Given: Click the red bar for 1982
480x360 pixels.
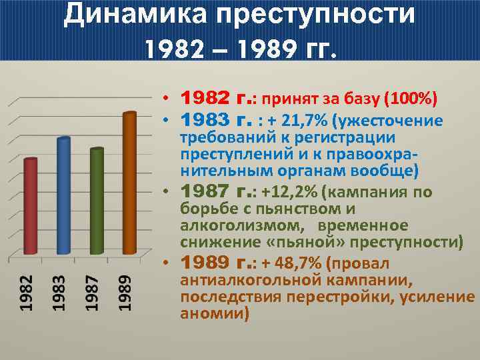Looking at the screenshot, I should (31, 207).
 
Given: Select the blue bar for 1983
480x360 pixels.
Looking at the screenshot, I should (63, 196).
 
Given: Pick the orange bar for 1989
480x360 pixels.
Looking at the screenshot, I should (129, 183).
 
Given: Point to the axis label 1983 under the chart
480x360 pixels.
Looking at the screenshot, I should (59, 293).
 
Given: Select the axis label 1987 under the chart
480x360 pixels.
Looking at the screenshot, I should (92, 293).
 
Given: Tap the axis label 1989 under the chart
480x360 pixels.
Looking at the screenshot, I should (125, 293).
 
